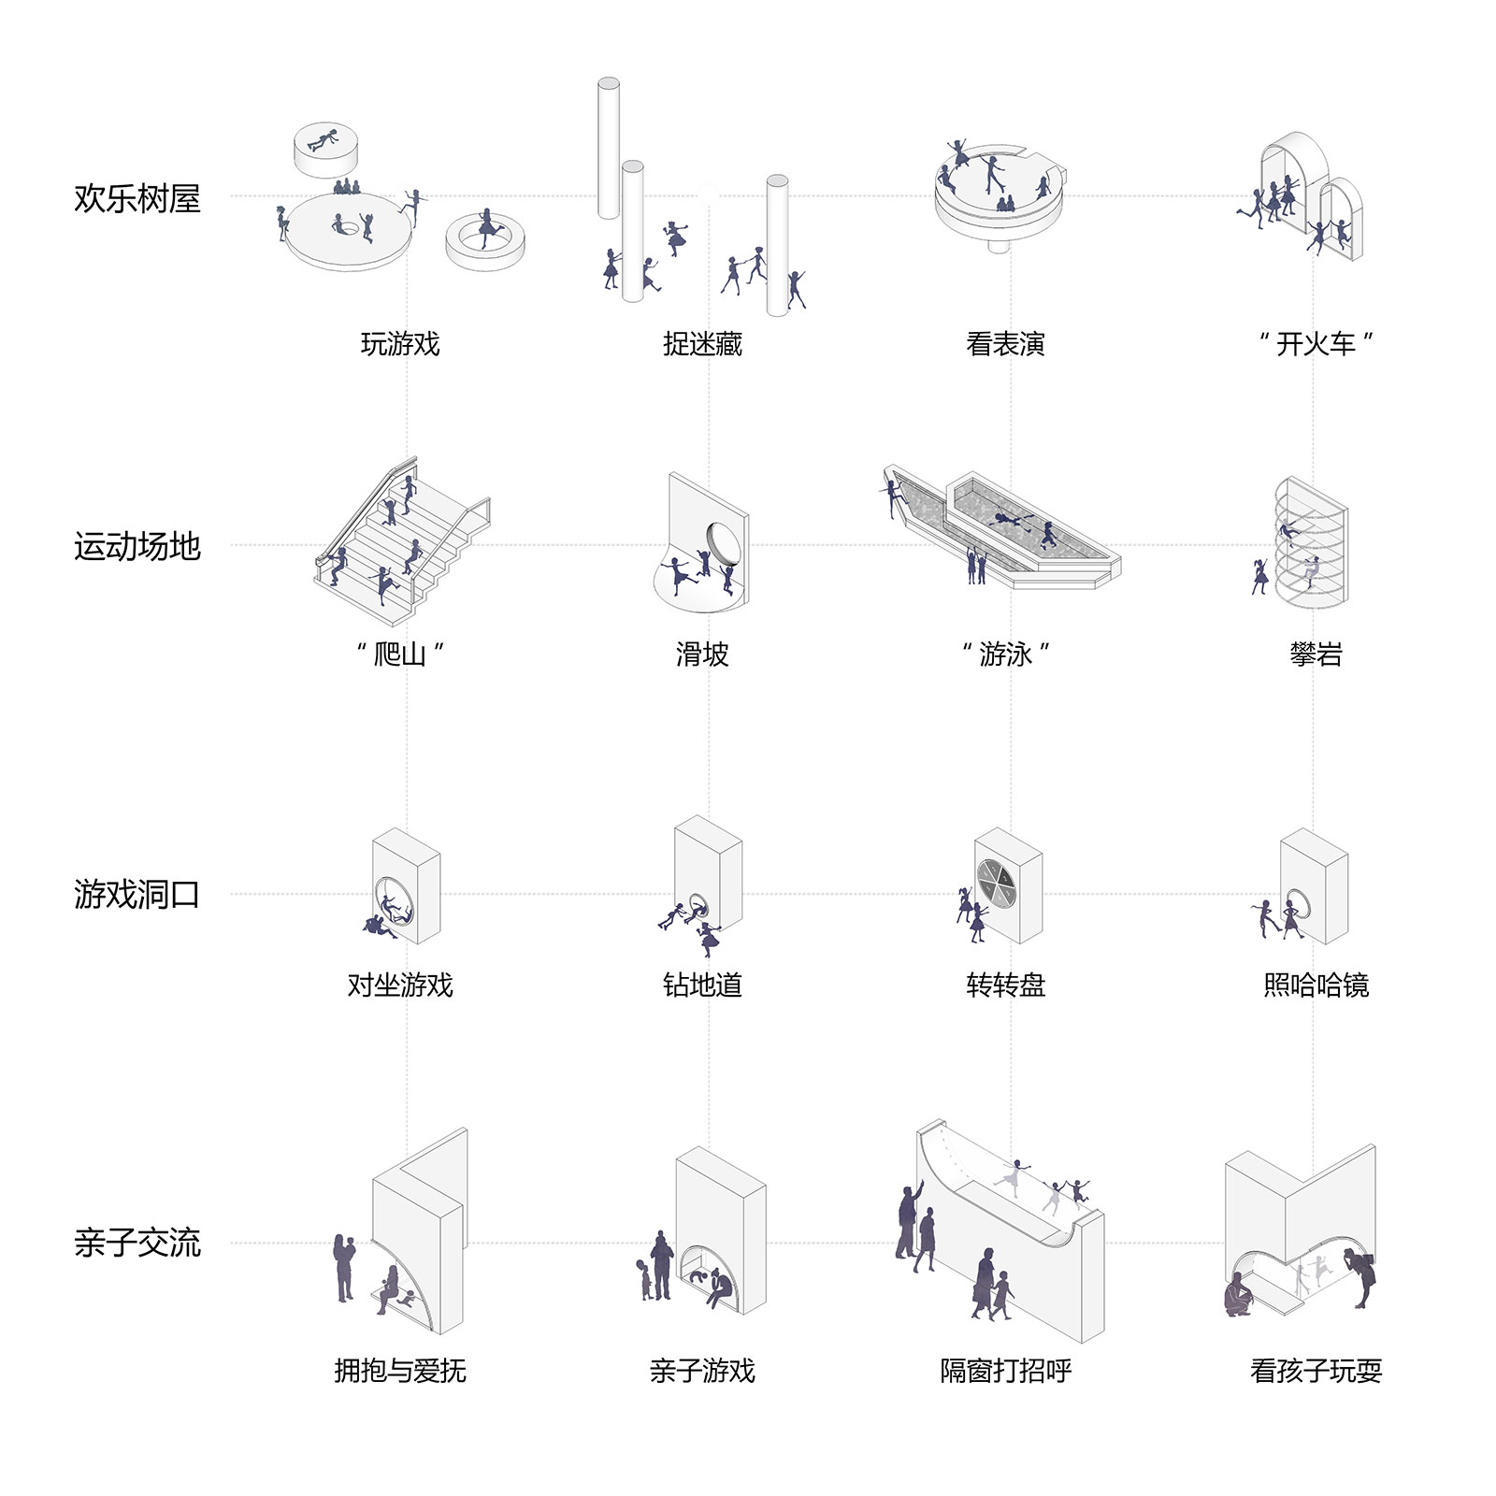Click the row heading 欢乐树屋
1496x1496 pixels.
137,199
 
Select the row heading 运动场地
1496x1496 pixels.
137,547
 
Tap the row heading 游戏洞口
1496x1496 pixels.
137,896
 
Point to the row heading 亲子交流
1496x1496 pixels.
137,1244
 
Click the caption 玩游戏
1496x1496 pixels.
400,344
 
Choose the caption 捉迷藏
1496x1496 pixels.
702,344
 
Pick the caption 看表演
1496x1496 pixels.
1005,344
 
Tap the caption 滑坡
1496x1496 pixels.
702,654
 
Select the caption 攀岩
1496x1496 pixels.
1316,654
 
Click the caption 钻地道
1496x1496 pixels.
702,985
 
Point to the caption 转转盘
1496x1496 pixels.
1005,985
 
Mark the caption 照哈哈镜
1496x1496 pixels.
1316,985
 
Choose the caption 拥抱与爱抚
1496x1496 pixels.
400,1371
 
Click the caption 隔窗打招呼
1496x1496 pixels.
1005,1371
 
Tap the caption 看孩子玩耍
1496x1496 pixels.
1316,1371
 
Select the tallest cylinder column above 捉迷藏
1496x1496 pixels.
609,150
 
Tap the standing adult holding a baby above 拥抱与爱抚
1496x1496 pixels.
344,1267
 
